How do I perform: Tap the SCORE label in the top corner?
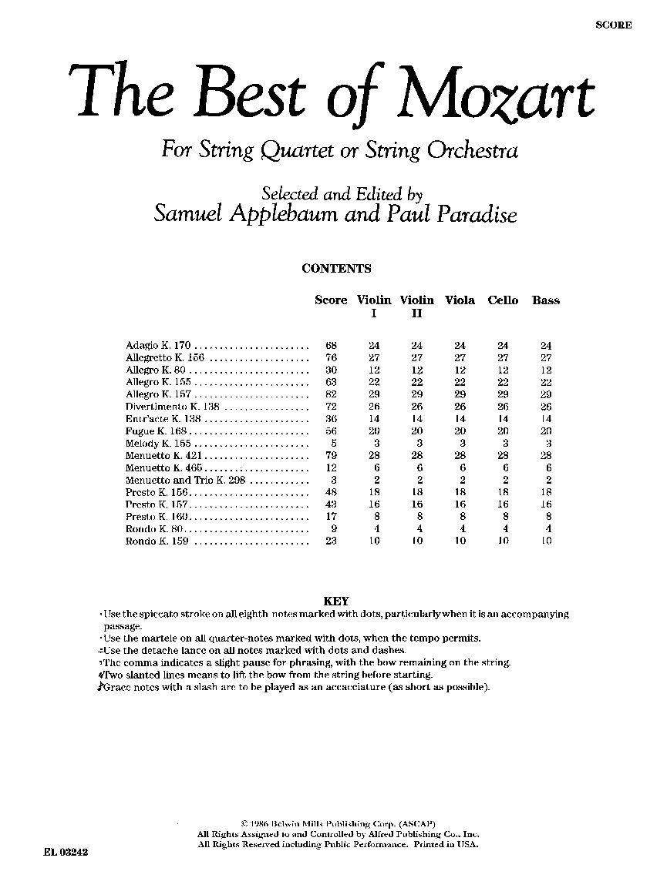pyautogui.click(x=614, y=25)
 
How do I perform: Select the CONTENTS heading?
pyautogui.click(x=336, y=269)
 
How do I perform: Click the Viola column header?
pyautogui.click(x=460, y=300)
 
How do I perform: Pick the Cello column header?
pyautogui.click(x=503, y=300)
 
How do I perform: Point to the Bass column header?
pyautogui.click(x=546, y=300)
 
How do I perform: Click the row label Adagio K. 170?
pyautogui.click(x=157, y=346)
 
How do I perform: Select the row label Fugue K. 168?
pyautogui.click(x=157, y=431)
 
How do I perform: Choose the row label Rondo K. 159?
pyautogui.click(x=157, y=541)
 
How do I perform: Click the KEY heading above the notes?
pyautogui.click(x=337, y=601)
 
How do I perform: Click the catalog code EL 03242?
pyautogui.click(x=67, y=853)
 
